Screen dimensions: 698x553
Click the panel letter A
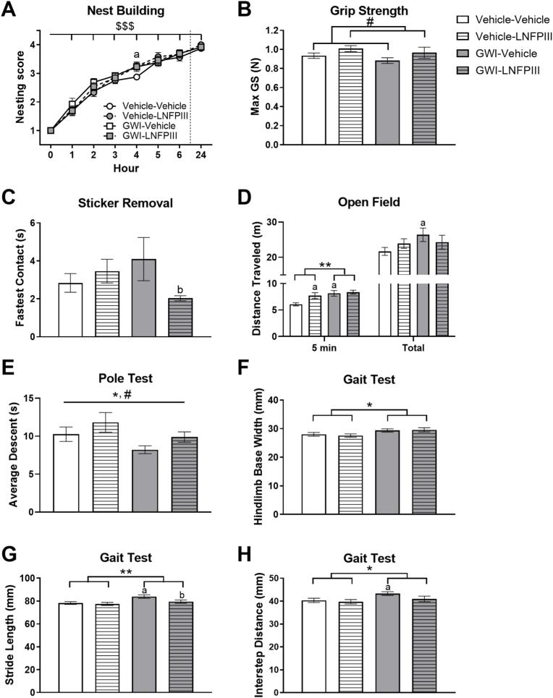pos(10,10)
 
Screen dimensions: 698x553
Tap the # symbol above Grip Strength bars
pos(369,22)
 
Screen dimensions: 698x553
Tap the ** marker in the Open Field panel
pos(325,265)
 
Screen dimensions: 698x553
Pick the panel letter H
pos(264,558)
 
